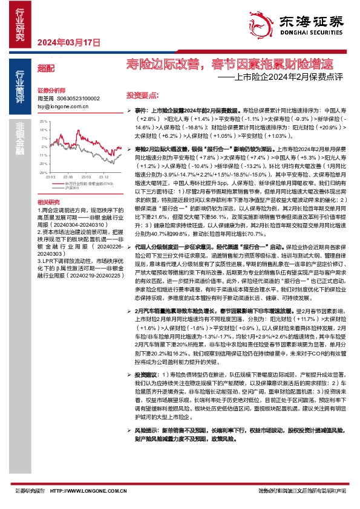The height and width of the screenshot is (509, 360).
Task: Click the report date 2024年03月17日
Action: [68, 42]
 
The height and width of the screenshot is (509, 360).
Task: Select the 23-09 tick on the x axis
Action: [77, 177]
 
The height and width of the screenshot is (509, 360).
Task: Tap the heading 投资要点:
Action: [142, 96]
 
